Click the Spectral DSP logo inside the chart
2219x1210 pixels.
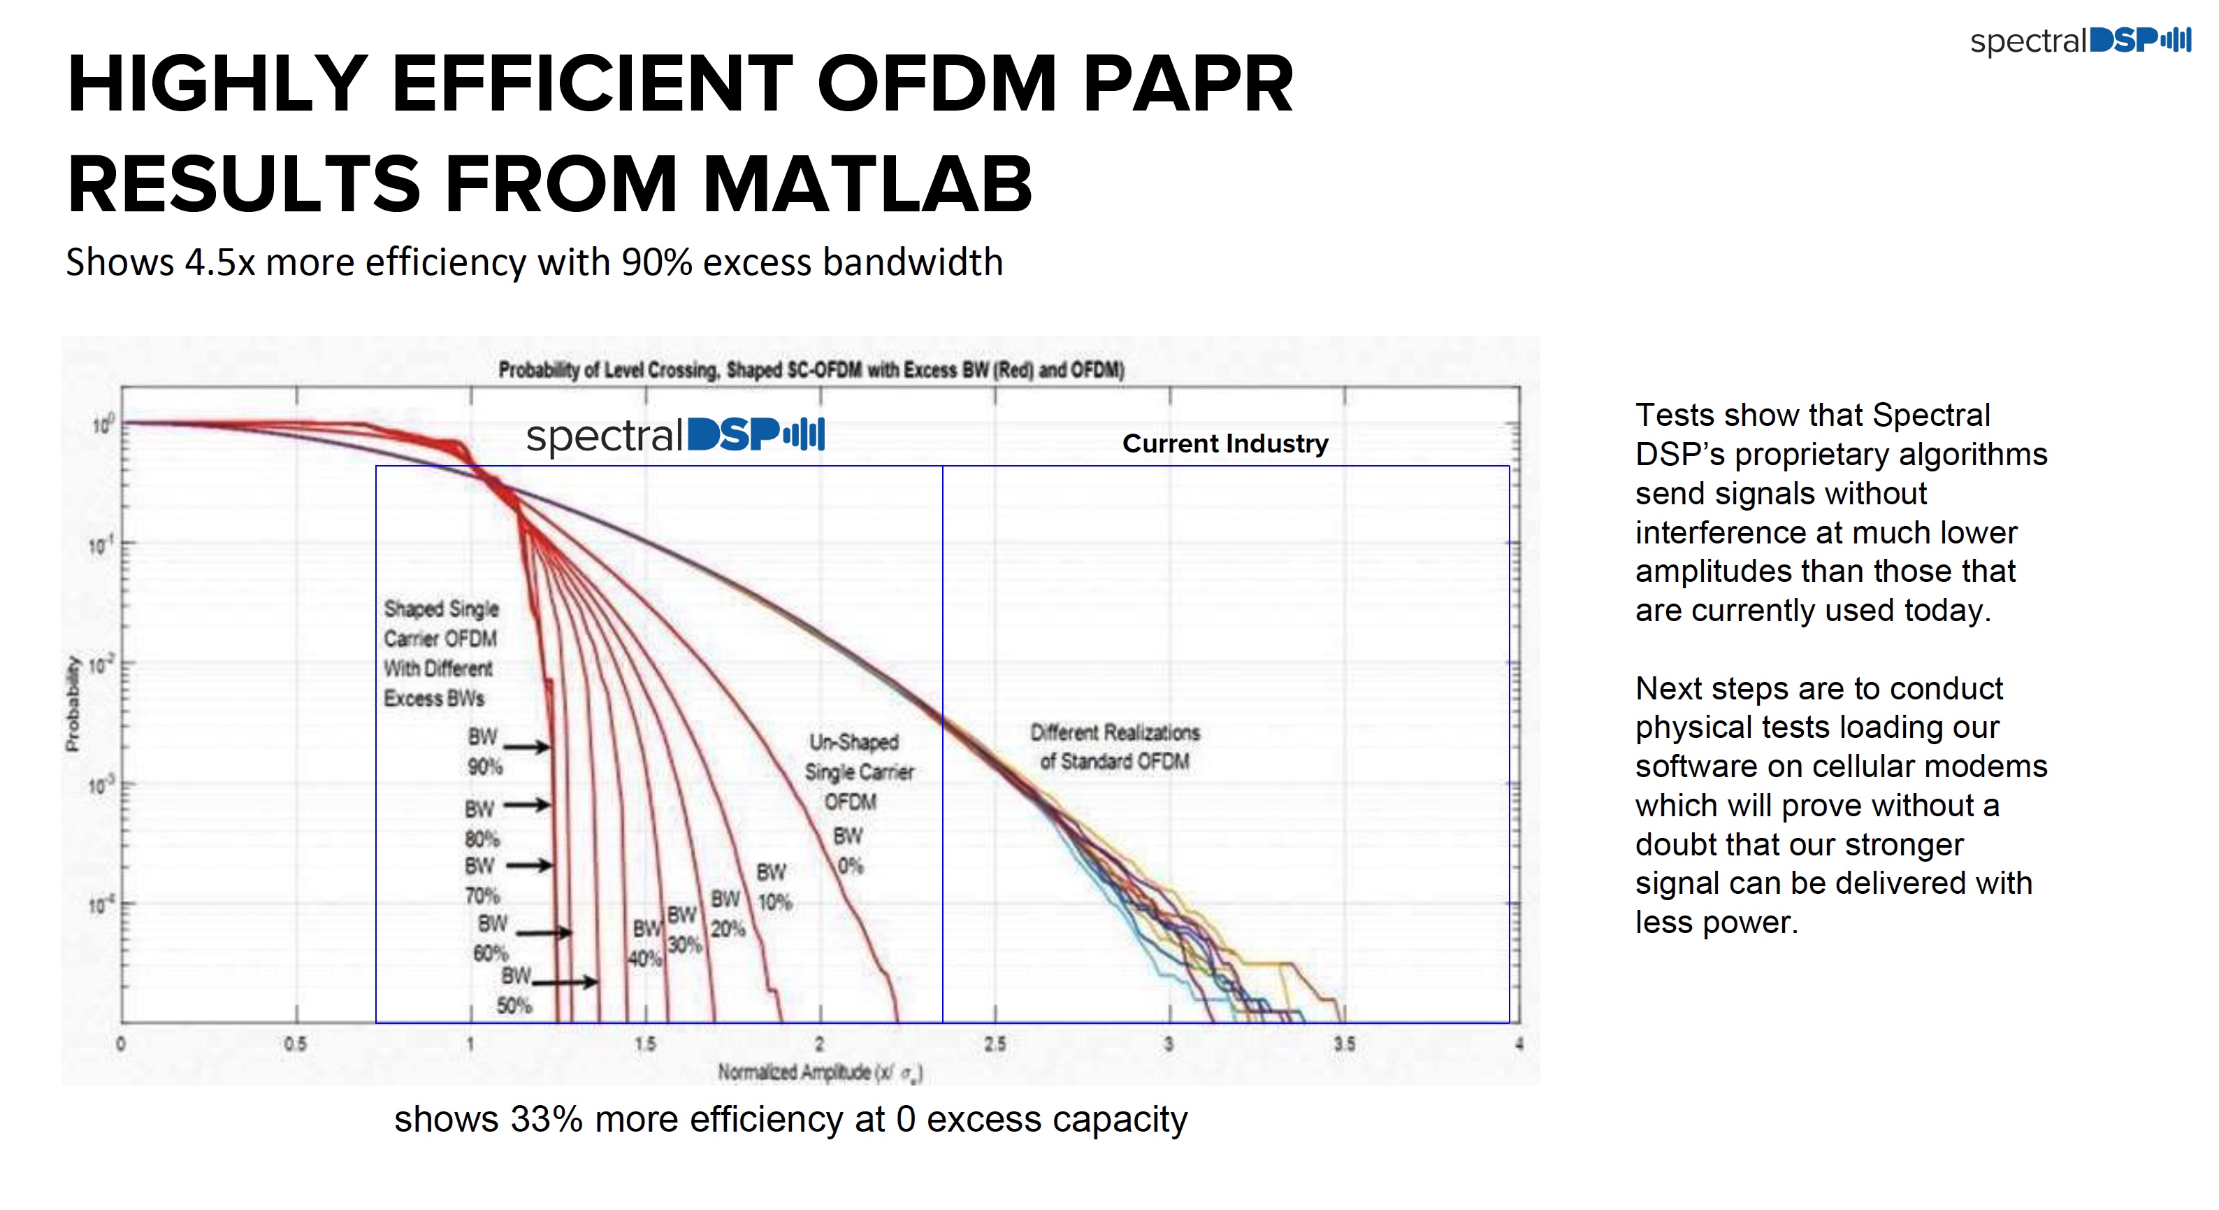coord(675,434)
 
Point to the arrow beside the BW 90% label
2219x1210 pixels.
coord(526,746)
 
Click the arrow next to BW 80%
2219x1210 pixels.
coord(526,805)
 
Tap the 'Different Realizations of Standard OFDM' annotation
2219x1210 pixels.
coord(1115,746)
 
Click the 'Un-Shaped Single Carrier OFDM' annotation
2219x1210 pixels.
coord(858,771)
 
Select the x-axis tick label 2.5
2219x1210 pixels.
coord(995,1044)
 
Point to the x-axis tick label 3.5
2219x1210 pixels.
coord(1344,1044)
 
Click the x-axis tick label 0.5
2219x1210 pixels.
coord(296,1044)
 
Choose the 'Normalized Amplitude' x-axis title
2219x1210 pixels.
coord(819,1072)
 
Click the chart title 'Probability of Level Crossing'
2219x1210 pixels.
coord(811,370)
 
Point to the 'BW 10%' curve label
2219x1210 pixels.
coord(773,887)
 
